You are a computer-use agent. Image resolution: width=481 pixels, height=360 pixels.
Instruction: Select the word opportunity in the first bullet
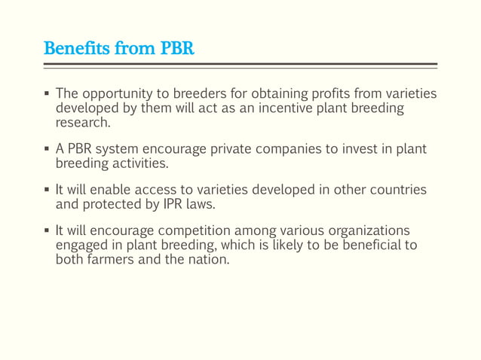tap(116, 95)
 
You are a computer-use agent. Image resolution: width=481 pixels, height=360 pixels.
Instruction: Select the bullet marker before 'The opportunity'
tap(46, 95)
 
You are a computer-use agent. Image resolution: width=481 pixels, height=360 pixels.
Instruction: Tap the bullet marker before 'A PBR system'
tap(46, 149)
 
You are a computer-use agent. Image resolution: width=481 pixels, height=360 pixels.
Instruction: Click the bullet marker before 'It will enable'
tap(46, 189)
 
